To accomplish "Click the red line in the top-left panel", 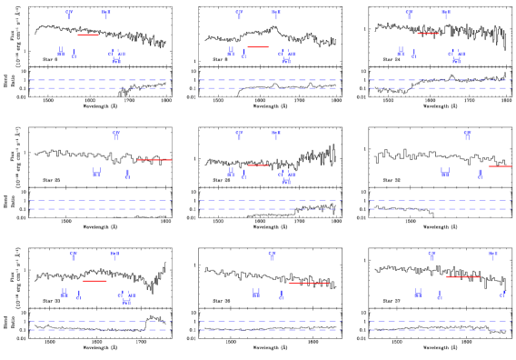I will coord(88,35).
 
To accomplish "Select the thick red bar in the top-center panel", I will coord(258,46).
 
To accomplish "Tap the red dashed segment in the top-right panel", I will coord(428,34).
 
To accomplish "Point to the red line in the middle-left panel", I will coord(154,160).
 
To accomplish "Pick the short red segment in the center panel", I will coord(258,165).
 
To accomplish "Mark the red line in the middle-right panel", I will coord(500,166).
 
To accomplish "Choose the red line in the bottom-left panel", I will coord(94,281).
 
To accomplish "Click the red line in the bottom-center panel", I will coord(309,283).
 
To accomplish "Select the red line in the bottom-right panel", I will coord(462,276).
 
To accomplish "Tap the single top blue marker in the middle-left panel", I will coord(116,135).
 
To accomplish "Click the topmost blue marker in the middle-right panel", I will coord(468,135).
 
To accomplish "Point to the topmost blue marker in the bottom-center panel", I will coord(272,255).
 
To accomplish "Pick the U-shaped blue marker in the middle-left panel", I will coord(96,173).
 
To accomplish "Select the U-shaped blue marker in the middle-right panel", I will coord(445,172).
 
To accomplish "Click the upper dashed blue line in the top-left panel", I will coord(100,80).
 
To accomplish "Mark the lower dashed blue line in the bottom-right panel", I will coord(440,329).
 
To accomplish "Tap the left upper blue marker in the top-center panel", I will coord(239,14).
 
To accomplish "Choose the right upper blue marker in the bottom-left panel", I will coord(114,255).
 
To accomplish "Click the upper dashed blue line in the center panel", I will coord(270,200).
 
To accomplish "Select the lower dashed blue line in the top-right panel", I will coord(440,88).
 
